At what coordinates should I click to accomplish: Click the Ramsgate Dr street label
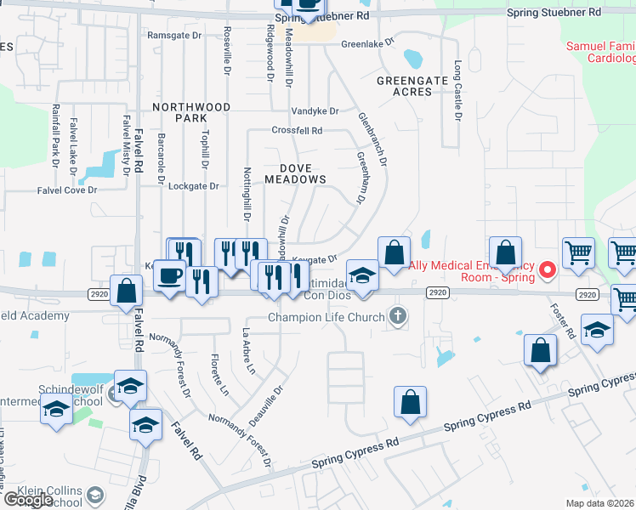[174, 35]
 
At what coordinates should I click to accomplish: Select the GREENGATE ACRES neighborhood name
[412, 81]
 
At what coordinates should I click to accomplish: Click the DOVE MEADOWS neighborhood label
[295, 173]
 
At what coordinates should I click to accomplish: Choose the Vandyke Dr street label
[315, 111]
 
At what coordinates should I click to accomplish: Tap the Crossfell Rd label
[297, 131]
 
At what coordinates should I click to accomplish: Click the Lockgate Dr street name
[194, 185]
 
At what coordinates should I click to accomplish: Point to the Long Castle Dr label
[457, 90]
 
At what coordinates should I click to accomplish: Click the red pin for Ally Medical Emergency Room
[548, 270]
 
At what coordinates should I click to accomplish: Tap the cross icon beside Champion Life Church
[396, 318]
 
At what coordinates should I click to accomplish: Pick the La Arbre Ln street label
[249, 348]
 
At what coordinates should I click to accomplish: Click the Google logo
[28, 500]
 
